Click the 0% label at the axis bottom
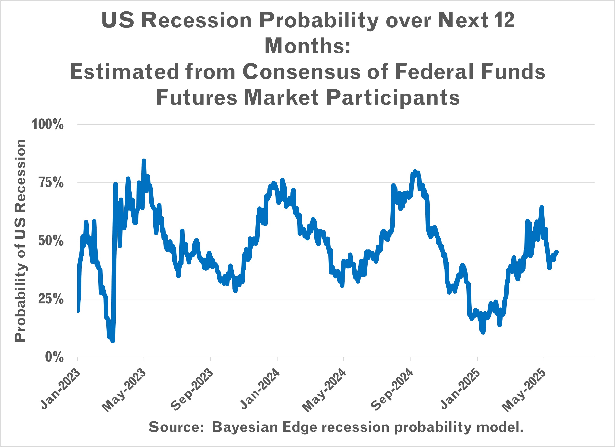tap(54, 357)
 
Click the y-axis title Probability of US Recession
tap(20, 241)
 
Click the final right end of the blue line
tap(557, 252)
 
